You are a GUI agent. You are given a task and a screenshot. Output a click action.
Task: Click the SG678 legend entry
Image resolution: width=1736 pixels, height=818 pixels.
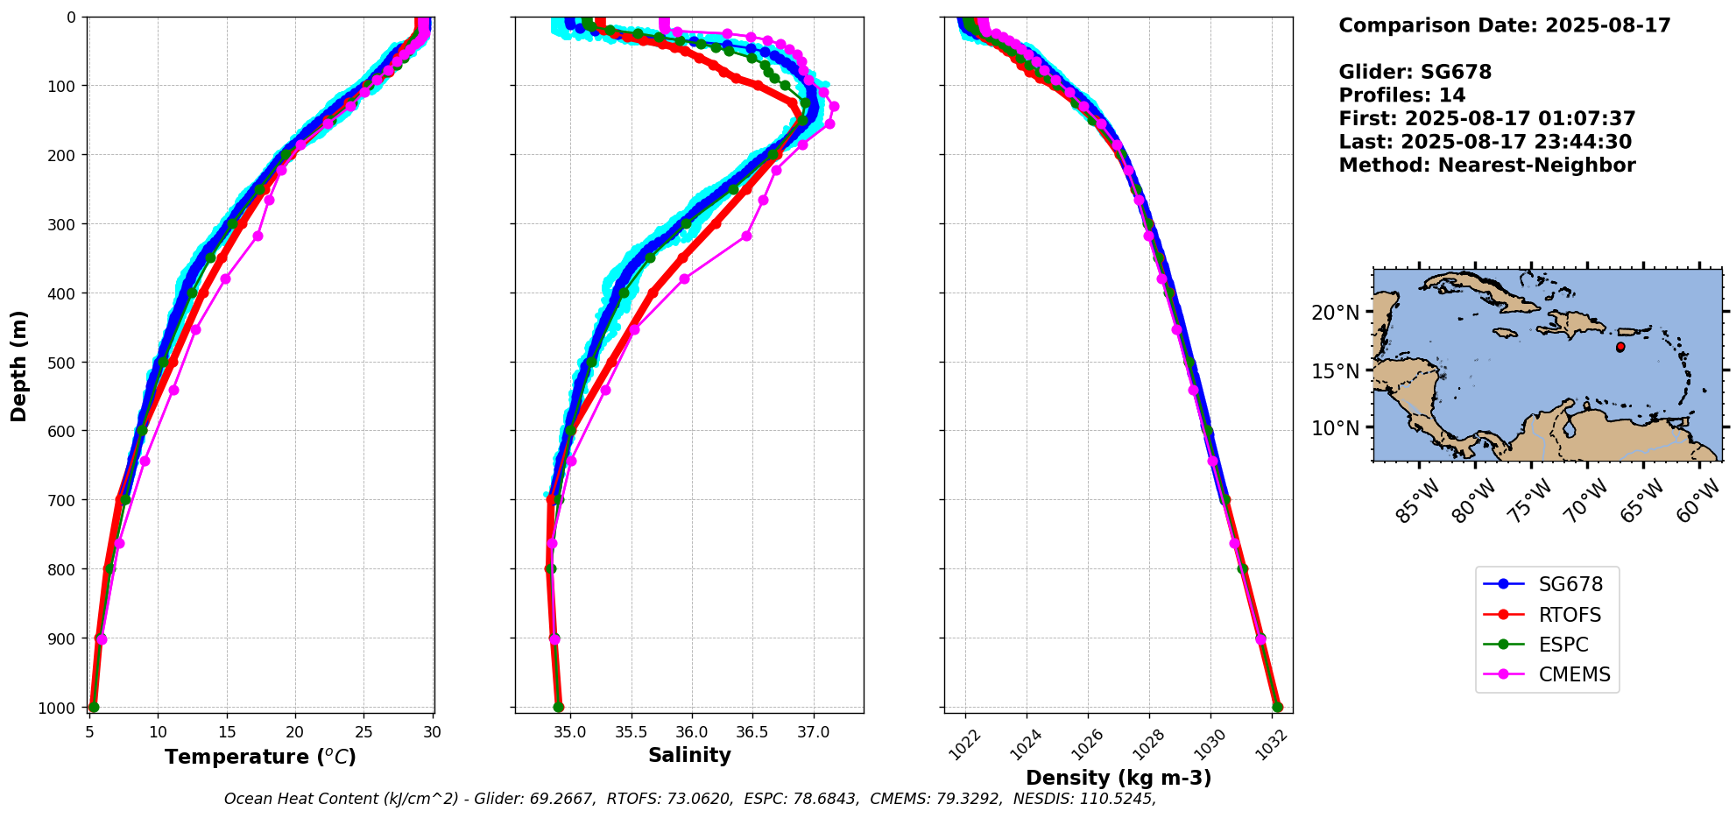coord(1570,585)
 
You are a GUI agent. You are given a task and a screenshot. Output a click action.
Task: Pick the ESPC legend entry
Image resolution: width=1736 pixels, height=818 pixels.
coord(1563,645)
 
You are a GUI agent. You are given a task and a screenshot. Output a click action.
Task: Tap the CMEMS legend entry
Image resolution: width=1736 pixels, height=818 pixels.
coord(1574,675)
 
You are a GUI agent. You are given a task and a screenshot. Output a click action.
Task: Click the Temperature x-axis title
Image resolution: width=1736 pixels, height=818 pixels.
coord(260,757)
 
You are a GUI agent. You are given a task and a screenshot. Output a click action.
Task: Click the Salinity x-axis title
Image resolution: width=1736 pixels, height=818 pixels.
coord(689,755)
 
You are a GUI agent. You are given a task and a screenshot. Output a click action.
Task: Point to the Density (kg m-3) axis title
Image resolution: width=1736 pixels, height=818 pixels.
coord(1119,778)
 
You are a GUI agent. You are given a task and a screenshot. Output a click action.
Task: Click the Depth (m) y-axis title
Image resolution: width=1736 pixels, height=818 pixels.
coord(19,365)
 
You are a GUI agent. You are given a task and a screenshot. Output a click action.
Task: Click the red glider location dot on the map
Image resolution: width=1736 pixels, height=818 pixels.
coord(1620,347)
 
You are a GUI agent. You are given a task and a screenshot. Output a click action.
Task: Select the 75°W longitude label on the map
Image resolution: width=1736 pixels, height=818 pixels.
coord(1530,501)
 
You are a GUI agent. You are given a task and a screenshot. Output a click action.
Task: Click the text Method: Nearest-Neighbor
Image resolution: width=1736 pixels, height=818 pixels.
coord(1486,166)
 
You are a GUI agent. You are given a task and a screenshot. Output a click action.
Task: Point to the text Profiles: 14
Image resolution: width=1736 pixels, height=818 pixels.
coord(1401,95)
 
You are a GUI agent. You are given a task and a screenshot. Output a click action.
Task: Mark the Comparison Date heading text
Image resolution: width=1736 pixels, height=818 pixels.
coord(1504,25)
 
